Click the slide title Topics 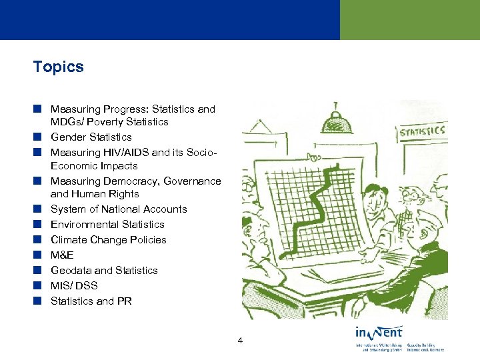[59, 67]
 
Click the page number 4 [240, 341]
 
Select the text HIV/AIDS [121, 152]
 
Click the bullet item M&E [62, 255]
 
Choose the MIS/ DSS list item [74, 285]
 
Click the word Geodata [71, 271]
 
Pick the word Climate [68, 240]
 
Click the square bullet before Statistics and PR [39, 301]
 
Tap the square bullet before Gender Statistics [39, 137]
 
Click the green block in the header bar [409, 20]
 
